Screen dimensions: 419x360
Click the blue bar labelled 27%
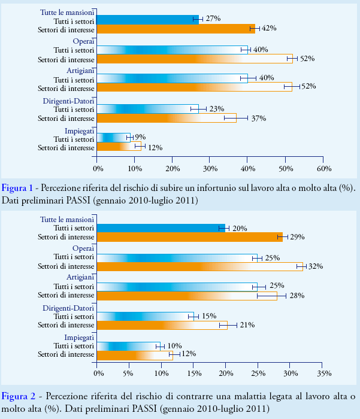pos(147,19)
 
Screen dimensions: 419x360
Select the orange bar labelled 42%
pos(175,28)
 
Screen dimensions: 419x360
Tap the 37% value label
pos(258,118)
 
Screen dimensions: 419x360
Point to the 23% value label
pos(216,109)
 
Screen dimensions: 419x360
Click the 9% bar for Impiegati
pos(113,138)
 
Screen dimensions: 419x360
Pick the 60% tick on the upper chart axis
pos(323,160)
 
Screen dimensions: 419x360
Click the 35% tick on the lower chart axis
pos(323,374)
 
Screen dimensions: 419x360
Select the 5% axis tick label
pos(128,374)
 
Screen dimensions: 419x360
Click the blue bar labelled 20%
pos(160,227)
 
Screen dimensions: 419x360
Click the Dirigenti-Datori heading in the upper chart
pos(69,101)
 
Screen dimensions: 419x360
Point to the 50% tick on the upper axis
pos(285,160)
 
